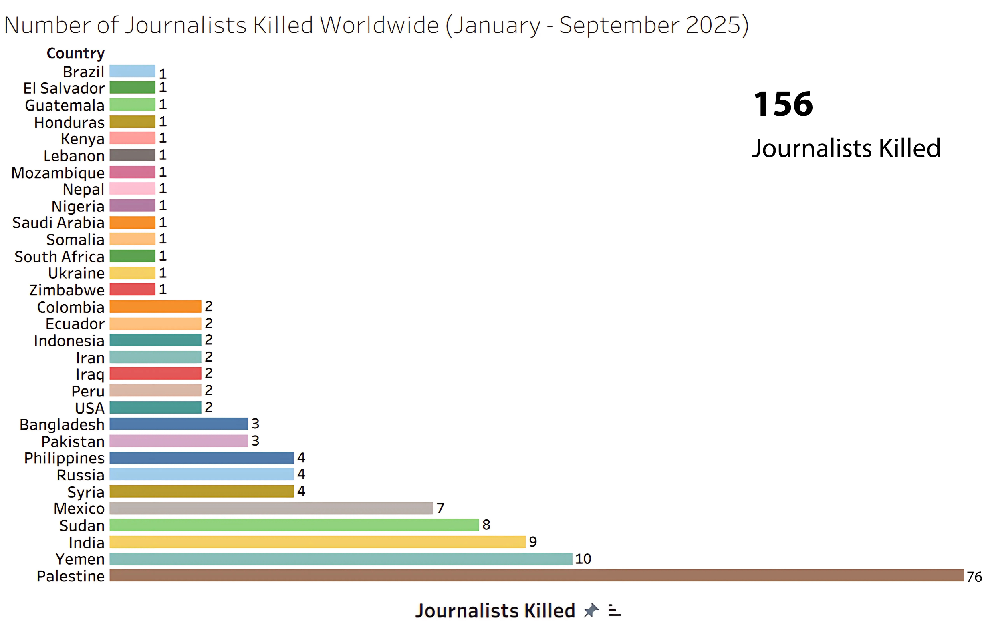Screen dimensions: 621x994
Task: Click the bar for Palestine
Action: pos(536,575)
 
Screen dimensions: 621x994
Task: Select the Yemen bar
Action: pos(341,559)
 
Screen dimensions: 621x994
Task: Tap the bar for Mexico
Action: pos(271,508)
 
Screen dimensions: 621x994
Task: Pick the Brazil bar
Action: pos(132,71)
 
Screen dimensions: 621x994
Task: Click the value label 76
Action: pos(974,577)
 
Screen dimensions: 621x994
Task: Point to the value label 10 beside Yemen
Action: pos(583,559)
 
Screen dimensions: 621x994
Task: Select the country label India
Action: pos(86,543)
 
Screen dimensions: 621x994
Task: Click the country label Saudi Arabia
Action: pos(58,223)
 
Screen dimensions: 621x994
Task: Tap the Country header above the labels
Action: pos(76,53)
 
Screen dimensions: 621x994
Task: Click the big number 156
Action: pos(783,105)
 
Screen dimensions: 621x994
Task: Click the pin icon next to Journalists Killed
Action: pos(591,610)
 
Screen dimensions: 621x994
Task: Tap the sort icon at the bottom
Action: pos(614,610)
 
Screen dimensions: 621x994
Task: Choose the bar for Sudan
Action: pos(294,525)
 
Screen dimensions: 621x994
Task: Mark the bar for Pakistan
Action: pos(178,441)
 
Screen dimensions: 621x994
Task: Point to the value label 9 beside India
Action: pos(533,542)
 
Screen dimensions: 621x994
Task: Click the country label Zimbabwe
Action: pos(67,290)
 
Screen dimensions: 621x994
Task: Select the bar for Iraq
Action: pos(155,373)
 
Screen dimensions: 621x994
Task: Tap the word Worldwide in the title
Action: pos(379,26)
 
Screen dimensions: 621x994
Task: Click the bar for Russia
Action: pos(202,474)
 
